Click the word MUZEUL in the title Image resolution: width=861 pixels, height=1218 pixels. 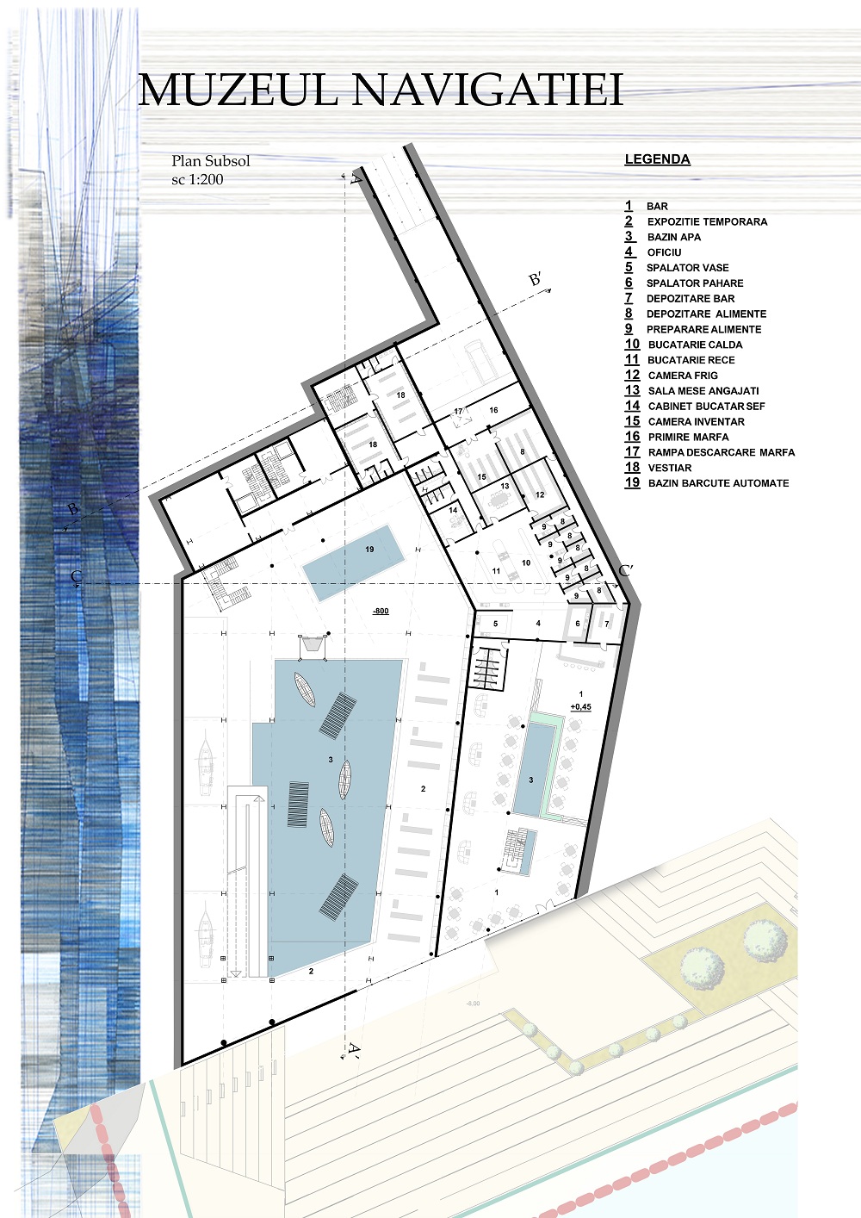(238, 90)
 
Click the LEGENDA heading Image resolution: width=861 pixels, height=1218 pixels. (657, 159)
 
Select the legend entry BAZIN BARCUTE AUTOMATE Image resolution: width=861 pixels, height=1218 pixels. (718, 483)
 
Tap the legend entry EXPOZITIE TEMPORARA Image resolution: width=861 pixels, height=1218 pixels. (707, 222)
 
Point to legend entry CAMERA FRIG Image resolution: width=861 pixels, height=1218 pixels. (683, 376)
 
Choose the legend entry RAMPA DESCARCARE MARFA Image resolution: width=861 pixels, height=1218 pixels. (722, 452)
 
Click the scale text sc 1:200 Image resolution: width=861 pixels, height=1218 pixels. (197, 179)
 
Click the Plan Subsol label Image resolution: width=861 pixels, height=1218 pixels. (211, 161)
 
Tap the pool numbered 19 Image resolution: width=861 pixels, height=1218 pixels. (353, 562)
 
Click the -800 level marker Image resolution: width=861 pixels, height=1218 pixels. (381, 611)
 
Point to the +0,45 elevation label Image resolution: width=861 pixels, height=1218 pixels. (580, 707)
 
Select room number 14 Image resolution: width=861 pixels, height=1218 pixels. (453, 510)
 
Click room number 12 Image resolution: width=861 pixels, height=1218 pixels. (540, 494)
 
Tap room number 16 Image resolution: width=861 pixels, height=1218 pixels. (493, 410)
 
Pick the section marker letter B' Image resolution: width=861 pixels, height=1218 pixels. (536, 279)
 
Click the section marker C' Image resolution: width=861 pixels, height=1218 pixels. (626, 570)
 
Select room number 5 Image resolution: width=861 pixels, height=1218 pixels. (495, 624)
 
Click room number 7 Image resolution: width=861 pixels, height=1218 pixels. (607, 625)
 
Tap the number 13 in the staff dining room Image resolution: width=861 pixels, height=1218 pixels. (505, 486)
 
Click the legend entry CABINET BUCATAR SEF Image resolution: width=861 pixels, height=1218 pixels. (707, 407)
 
